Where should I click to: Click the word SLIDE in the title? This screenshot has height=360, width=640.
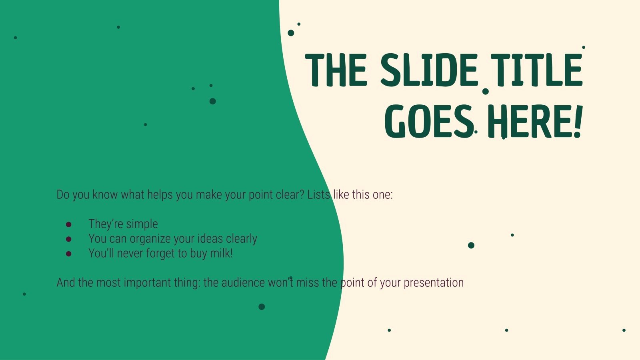[x=429, y=70]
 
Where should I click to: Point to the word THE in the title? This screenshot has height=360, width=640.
[x=336, y=70]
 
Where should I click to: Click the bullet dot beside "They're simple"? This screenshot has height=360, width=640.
[x=68, y=224]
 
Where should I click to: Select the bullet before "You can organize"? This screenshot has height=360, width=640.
[x=68, y=239]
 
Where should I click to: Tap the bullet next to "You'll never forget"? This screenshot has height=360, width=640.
[x=68, y=254]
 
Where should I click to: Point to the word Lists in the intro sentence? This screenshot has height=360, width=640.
[x=319, y=195]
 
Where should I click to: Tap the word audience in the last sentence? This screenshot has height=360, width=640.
[x=243, y=283]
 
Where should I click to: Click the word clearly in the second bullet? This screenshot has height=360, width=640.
[x=242, y=239]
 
